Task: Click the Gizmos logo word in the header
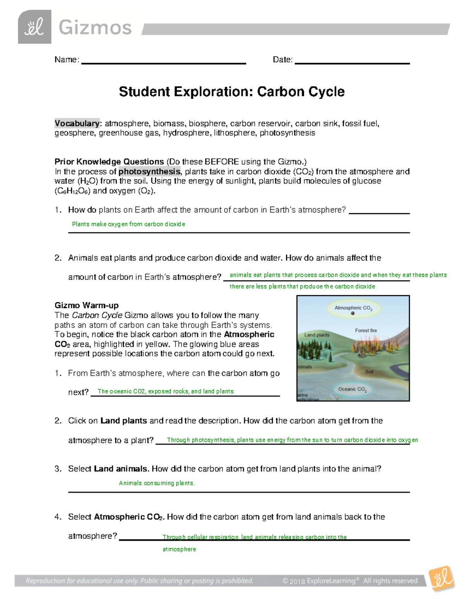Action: tap(95, 28)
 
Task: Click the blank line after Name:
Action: tap(164, 62)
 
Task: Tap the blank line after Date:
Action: tap(352, 62)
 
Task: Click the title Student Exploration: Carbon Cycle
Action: tap(232, 92)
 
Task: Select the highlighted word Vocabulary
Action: tap(77, 123)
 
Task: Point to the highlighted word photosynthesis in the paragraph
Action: tap(149, 171)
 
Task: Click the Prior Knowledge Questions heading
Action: tap(109, 162)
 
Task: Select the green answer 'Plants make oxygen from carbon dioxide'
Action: tap(128, 224)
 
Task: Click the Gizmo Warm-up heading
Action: tap(87, 305)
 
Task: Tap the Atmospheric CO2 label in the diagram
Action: tap(353, 308)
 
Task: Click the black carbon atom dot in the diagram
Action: tap(353, 313)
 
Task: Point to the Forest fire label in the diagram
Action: tap(366, 330)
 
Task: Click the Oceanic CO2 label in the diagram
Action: tap(352, 389)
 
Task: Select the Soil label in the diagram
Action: tap(369, 372)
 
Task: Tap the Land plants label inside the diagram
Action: tap(317, 335)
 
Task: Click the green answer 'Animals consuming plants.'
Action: tap(157, 483)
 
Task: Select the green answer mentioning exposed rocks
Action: tap(166, 391)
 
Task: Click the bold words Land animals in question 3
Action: tap(121, 469)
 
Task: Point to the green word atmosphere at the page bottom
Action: tap(179, 549)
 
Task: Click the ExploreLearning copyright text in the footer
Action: tap(350, 581)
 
